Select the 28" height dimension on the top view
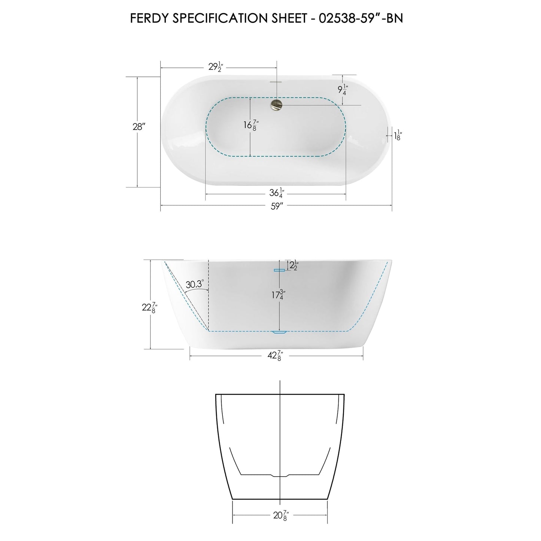tap(139, 127)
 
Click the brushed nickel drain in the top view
tap(277, 104)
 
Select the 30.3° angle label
tap(195, 284)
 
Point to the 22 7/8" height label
tap(149, 307)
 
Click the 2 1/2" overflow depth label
tap(292, 265)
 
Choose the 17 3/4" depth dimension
tap(277, 295)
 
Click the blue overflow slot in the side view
tap(279, 270)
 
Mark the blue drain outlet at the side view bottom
tap(279, 332)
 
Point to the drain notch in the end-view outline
tap(280, 476)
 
